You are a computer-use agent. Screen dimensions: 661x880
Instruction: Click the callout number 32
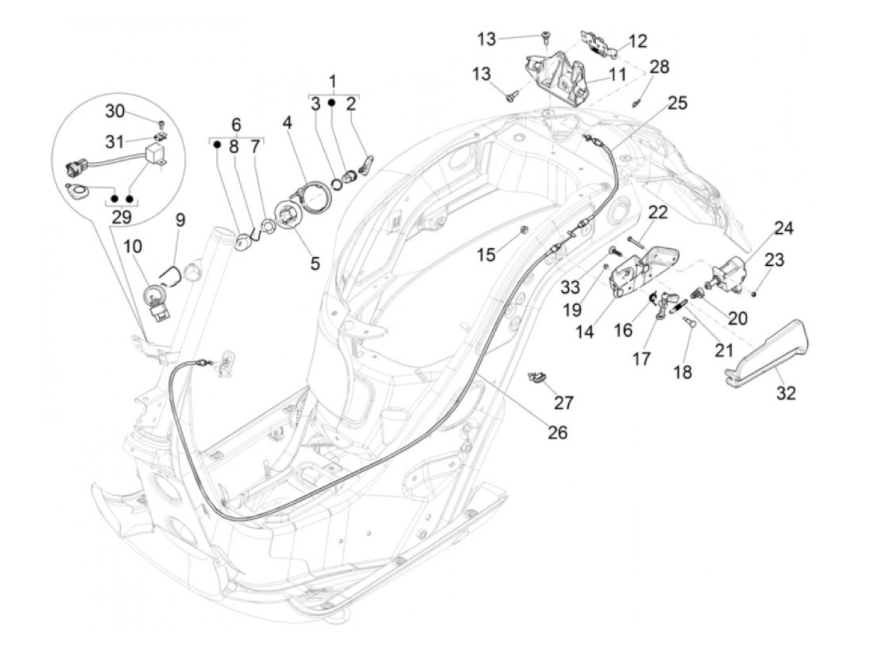(786, 393)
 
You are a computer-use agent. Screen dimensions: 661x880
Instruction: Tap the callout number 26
(557, 432)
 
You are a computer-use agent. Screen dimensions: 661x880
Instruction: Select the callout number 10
(132, 247)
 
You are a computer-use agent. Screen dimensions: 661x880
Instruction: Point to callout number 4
(287, 123)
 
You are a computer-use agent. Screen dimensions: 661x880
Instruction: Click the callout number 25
(678, 102)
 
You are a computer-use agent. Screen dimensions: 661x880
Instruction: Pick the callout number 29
(123, 218)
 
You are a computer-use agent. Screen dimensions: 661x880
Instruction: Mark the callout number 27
(563, 402)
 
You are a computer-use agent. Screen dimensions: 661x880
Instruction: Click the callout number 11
(617, 75)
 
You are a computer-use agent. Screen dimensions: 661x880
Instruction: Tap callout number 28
(659, 67)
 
